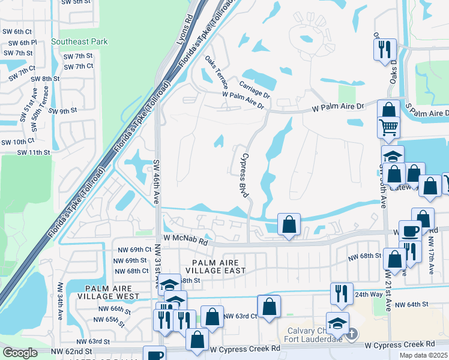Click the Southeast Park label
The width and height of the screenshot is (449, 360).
point(80,42)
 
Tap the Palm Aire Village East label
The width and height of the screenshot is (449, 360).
point(215,267)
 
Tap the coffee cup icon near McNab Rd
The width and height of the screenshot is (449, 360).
point(411,231)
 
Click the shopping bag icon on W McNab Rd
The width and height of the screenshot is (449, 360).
point(289,225)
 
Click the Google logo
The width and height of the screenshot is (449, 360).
point(20,353)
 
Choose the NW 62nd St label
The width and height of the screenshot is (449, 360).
point(71,351)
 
